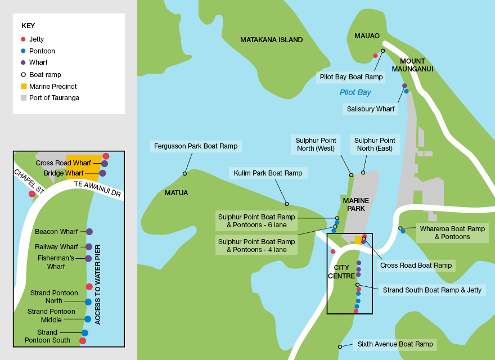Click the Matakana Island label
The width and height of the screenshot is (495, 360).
[271, 40]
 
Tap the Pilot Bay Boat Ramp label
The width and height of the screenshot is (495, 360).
[351, 77]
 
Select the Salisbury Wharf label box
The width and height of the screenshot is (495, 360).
[370, 109]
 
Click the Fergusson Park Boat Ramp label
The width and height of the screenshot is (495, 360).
[196, 146]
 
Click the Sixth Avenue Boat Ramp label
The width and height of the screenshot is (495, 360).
[395, 344]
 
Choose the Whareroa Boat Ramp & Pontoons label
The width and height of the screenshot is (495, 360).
[452, 233]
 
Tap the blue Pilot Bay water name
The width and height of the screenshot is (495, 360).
[355, 92]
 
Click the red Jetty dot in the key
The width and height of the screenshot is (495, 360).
[23, 39]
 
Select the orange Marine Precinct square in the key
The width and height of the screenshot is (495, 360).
[23, 86]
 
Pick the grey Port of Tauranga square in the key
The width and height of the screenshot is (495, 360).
[23, 98]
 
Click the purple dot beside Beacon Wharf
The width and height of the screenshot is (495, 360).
[89, 232]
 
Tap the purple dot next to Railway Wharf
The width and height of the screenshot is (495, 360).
[89, 246]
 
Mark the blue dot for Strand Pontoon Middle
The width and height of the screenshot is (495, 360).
[88, 319]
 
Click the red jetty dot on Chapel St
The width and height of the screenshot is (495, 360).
[32, 194]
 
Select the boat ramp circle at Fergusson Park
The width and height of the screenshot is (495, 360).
[184, 173]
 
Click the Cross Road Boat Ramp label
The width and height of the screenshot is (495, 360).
[416, 265]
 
